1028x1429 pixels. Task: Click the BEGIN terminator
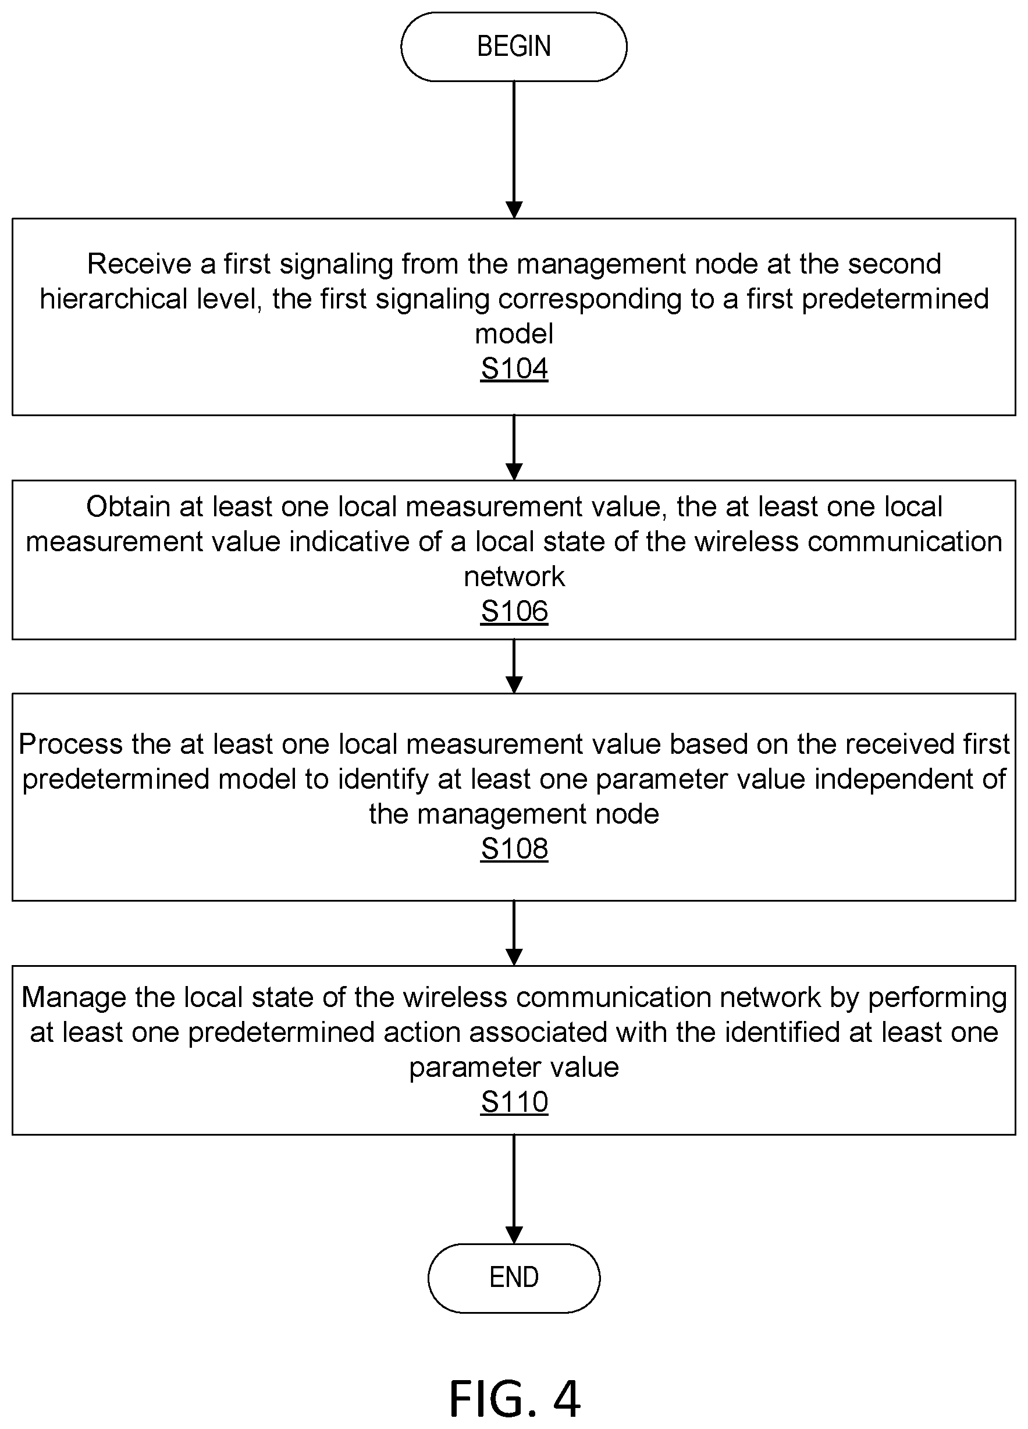pyautogui.click(x=514, y=47)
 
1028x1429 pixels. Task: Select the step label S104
pyautogui.click(x=514, y=368)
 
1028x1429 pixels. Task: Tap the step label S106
pyautogui.click(x=514, y=611)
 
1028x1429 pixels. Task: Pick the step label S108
pyautogui.click(x=514, y=849)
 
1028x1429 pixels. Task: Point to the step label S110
pyautogui.click(x=514, y=1102)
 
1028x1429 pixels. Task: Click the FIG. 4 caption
pyautogui.click(x=514, y=1398)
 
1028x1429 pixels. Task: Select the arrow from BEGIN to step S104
pyautogui.click(x=514, y=150)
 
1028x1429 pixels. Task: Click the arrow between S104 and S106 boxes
pyautogui.click(x=514, y=448)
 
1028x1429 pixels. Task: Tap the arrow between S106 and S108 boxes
pyautogui.click(x=514, y=666)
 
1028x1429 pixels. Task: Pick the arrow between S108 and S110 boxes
pyautogui.click(x=514, y=933)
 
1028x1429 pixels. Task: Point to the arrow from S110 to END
pyautogui.click(x=514, y=1190)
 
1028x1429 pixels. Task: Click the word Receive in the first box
pyautogui.click(x=139, y=264)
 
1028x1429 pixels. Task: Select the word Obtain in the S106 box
pyautogui.click(x=128, y=506)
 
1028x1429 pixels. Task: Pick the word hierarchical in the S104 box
pyautogui.click(x=113, y=299)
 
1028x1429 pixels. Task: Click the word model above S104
pyautogui.click(x=514, y=334)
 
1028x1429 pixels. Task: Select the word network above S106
pyautogui.click(x=514, y=576)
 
